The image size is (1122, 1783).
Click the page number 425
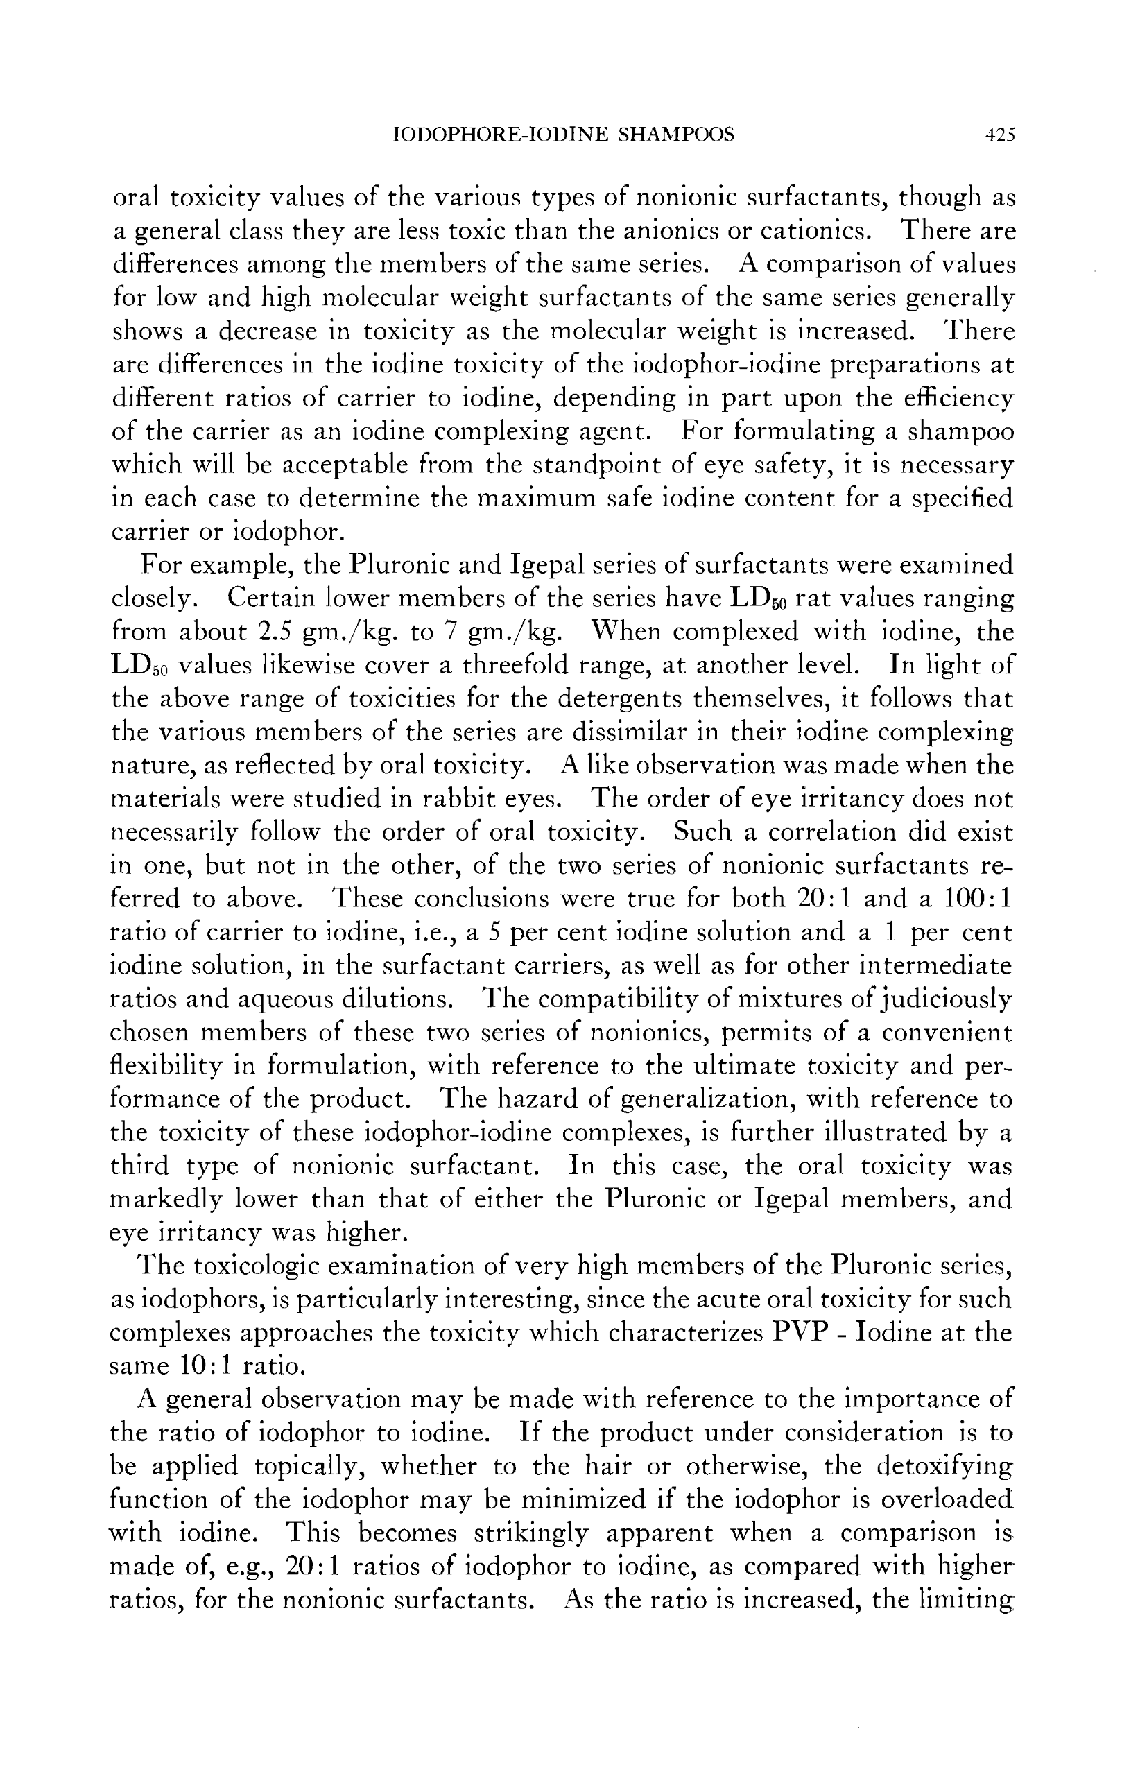(x=999, y=135)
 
